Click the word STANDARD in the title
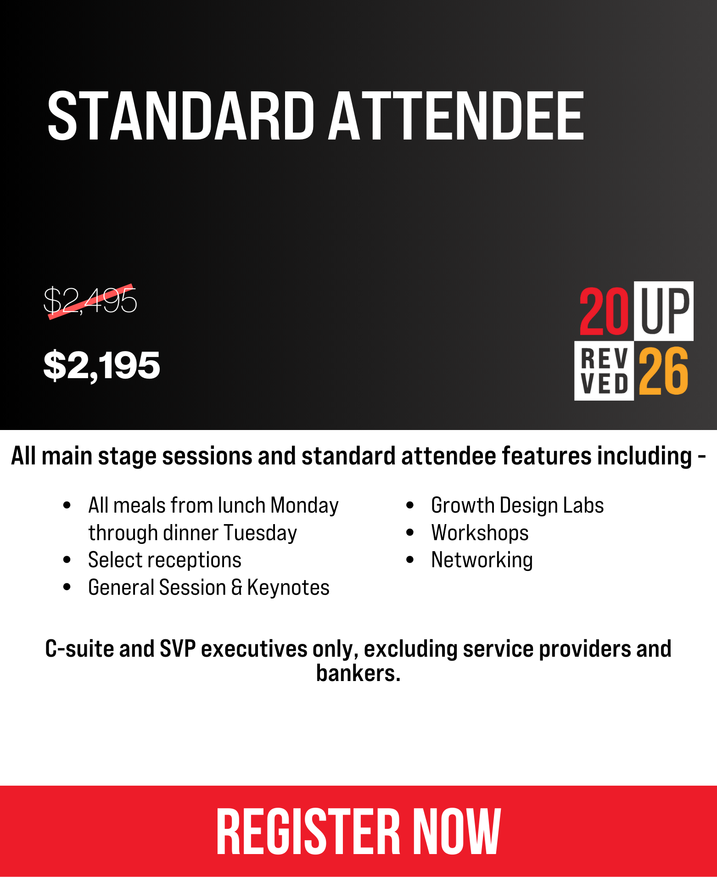click(x=181, y=116)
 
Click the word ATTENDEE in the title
click(x=456, y=116)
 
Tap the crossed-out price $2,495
click(x=90, y=301)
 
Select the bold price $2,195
click(x=101, y=365)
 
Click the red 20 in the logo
click(x=604, y=311)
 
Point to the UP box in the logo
click(x=664, y=311)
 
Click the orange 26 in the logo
click(x=664, y=371)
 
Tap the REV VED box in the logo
click(x=604, y=371)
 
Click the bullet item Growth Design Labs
click(x=517, y=505)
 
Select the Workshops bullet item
click(x=480, y=533)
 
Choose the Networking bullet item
click(x=482, y=560)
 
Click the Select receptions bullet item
click(x=165, y=560)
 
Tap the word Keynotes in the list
click(x=288, y=587)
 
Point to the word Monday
click(x=304, y=506)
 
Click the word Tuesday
click(x=260, y=533)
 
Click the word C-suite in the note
click(x=79, y=649)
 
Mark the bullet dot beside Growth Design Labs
click(x=410, y=506)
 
